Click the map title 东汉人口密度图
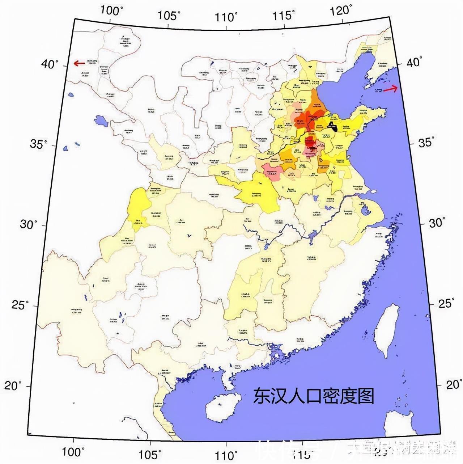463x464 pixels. coord(313,396)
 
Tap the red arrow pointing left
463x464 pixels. coord(79,64)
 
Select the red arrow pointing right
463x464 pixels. coord(390,89)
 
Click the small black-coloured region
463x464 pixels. coord(332,125)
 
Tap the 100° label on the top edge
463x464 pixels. coord(112,11)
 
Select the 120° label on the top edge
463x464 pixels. coord(341,10)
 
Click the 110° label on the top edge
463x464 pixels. coord(227,17)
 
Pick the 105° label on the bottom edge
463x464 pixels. coord(150,454)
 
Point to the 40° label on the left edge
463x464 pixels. coord(50,64)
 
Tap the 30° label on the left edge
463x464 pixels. coord(29,225)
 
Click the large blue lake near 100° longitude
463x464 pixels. coord(101,121)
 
